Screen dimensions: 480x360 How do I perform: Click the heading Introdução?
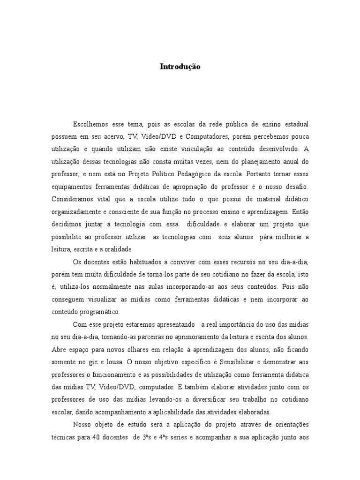(180, 67)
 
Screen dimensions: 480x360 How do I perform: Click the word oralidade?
(116, 248)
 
